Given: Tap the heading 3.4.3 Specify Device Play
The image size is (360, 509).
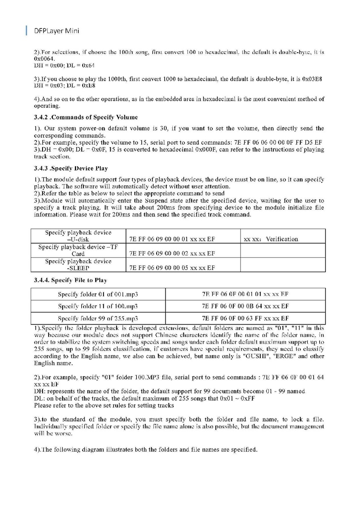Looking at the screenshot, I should (x=71, y=168).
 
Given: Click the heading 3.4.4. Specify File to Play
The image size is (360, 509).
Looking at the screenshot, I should (x=71, y=280).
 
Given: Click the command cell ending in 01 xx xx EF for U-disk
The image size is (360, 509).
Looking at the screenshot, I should (x=172, y=239).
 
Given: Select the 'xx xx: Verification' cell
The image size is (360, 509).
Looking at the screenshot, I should (x=271, y=239).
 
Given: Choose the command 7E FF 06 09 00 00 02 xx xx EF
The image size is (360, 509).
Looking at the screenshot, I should (x=172, y=254).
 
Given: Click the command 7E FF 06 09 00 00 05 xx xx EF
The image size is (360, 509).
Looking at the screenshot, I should (x=172, y=268).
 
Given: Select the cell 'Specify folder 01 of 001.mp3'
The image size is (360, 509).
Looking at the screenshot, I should (x=98, y=294).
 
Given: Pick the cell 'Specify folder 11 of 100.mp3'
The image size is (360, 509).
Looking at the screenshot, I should (x=98, y=306).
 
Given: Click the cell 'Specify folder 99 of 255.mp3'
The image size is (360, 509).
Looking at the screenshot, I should (x=98, y=318).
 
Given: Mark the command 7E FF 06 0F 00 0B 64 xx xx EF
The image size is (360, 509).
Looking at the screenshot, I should (x=246, y=306).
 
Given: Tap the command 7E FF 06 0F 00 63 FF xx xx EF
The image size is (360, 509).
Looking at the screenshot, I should (x=246, y=318).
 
